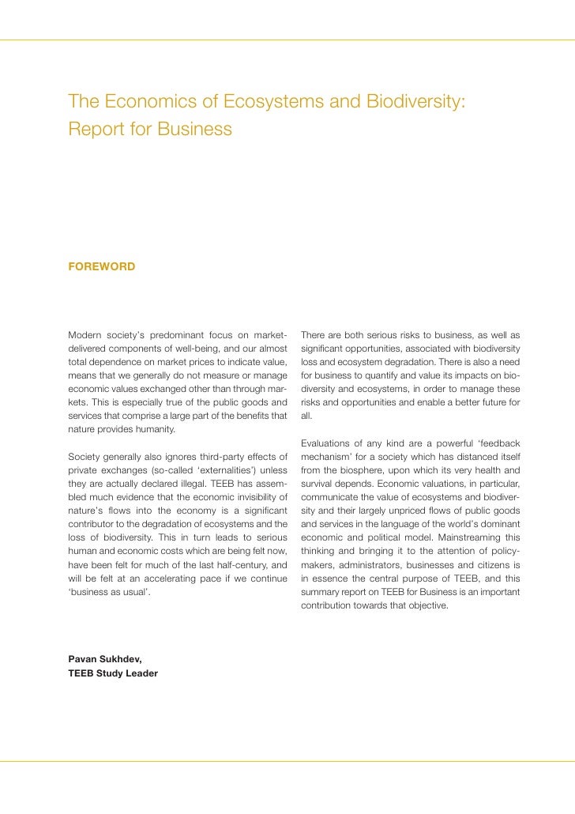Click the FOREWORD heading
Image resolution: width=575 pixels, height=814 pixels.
tap(102, 267)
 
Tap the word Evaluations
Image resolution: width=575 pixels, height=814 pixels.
tap(326, 443)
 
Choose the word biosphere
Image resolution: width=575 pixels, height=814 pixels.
tap(374, 471)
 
